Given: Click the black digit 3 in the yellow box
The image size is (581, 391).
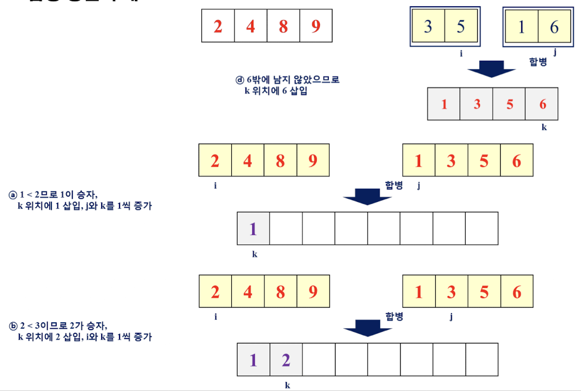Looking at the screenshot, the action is tap(428, 26).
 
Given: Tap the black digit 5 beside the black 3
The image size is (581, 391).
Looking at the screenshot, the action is tap(460, 26).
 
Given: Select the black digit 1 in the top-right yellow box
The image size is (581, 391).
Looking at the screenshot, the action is tap(521, 27).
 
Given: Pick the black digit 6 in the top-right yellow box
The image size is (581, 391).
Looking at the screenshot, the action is tap(554, 27).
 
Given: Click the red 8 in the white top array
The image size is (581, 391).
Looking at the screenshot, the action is tap(283, 26).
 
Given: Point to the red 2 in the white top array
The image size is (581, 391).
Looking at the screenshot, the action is tap(218, 26).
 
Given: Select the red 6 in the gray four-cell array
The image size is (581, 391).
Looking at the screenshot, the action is tap(542, 104).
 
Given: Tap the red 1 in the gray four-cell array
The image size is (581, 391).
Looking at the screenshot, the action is tap(444, 104).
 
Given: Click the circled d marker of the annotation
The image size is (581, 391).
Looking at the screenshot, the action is tap(240, 80).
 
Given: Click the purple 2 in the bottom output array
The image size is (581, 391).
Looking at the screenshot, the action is tap(286, 360).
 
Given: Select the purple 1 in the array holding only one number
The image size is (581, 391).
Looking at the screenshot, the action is tap(253, 229).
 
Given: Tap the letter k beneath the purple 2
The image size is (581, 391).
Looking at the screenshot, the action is tap(287, 385).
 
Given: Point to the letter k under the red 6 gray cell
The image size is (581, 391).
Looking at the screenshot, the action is tap(544, 127).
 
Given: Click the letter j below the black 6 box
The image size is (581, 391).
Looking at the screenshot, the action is tap(555, 52).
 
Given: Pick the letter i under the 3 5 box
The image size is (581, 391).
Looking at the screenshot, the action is tap(461, 53).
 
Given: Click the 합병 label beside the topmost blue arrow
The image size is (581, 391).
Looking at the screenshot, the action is tap(538, 62).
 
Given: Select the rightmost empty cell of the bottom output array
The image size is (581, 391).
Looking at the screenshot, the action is tap(481, 360).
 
